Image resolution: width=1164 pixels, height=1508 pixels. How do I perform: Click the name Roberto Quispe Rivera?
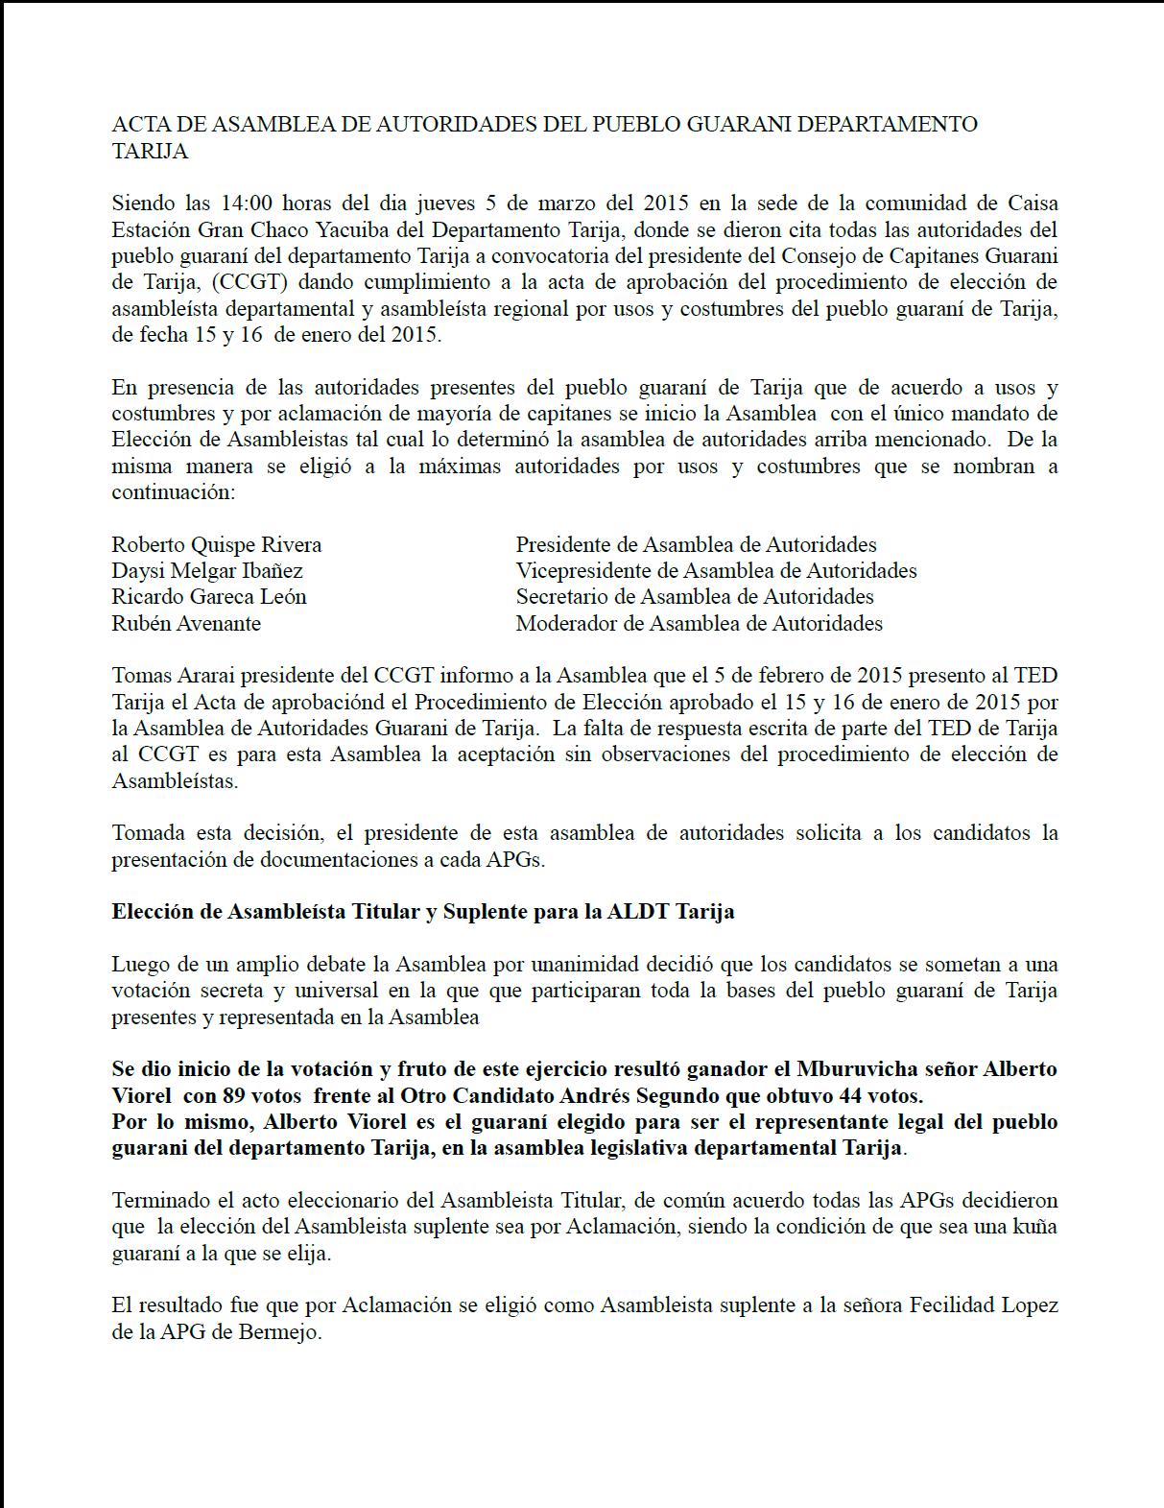pyautogui.click(x=217, y=545)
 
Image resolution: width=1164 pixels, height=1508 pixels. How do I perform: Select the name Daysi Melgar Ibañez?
pyautogui.click(x=207, y=571)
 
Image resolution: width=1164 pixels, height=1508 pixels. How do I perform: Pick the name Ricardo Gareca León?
pyautogui.click(x=209, y=597)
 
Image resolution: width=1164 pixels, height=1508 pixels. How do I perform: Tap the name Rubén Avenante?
pyautogui.click(x=186, y=624)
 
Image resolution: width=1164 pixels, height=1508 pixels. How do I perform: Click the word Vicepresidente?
pyautogui.click(x=576, y=571)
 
